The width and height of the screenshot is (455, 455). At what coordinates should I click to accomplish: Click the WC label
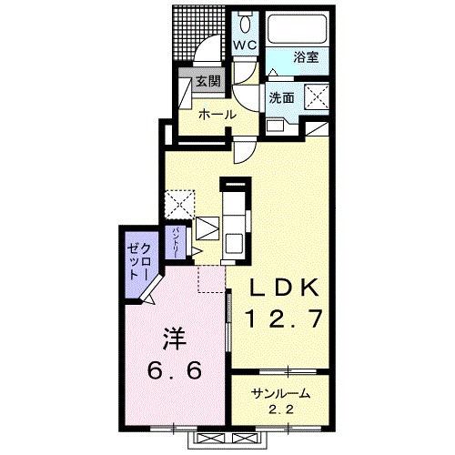[245, 45]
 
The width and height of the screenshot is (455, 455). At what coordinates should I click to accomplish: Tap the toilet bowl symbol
[245, 23]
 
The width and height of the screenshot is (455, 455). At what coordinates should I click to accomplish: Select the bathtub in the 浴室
[298, 29]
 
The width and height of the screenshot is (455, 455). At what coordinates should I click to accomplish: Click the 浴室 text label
[306, 56]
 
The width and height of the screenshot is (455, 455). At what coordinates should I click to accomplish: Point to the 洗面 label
[282, 97]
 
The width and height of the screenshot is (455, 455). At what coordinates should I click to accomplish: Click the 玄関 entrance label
[207, 81]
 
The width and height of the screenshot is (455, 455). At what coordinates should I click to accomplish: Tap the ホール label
[217, 115]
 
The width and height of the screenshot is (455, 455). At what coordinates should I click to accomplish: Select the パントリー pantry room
[176, 243]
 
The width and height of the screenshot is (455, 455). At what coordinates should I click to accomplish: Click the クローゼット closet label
[138, 261]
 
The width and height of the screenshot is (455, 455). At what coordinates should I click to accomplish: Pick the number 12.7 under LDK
[285, 319]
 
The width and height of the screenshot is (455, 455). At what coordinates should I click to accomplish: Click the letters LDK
[284, 288]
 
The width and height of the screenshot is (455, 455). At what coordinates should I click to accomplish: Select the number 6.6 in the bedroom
[175, 369]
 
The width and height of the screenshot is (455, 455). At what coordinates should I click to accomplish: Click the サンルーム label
[280, 393]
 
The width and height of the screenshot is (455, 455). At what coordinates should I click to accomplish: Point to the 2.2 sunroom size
[281, 410]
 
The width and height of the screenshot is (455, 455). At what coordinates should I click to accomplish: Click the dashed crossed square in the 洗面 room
[317, 96]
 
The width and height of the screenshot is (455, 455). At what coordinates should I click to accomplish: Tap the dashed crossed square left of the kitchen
[179, 204]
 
